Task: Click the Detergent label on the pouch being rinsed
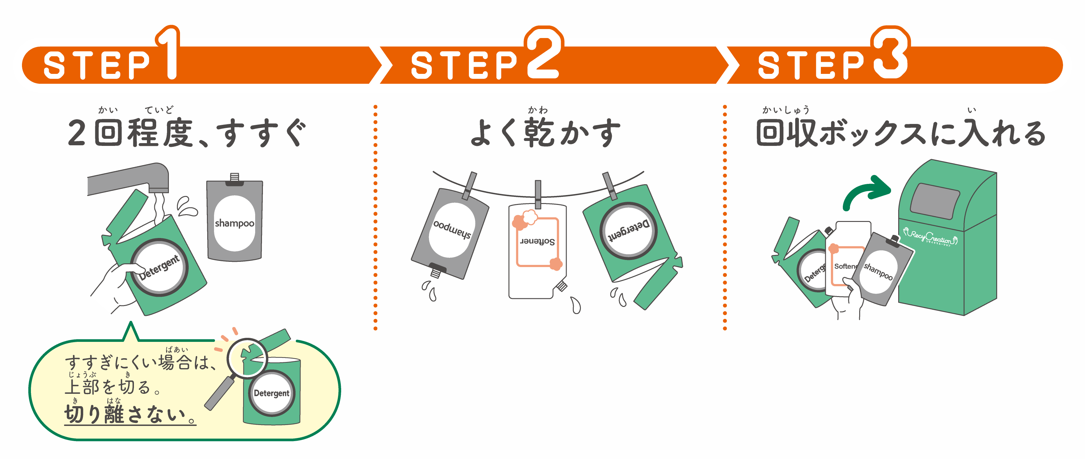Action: (x=160, y=268)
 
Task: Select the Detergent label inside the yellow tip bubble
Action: (x=271, y=393)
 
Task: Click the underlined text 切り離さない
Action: (x=130, y=414)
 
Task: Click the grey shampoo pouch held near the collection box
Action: (x=880, y=270)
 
